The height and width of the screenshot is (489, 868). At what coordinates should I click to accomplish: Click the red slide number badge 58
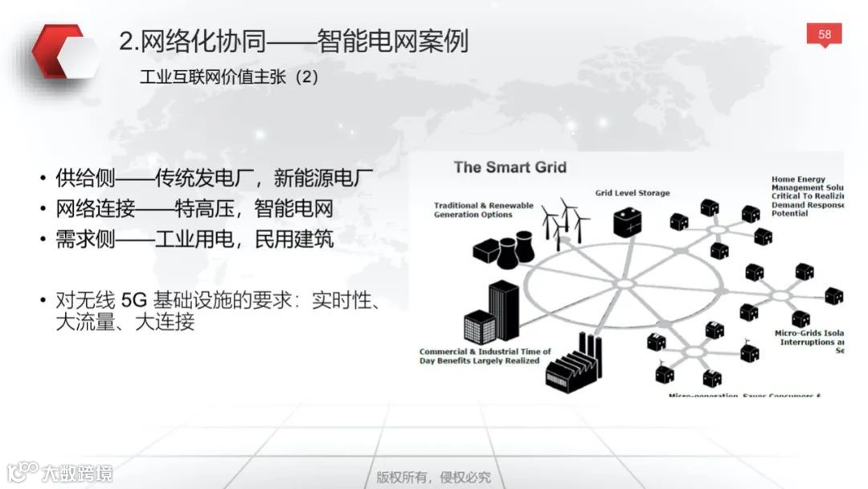[x=825, y=35]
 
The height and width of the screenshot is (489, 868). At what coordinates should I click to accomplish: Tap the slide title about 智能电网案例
[x=293, y=41]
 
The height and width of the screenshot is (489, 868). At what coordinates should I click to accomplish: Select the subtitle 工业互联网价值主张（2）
[x=229, y=79]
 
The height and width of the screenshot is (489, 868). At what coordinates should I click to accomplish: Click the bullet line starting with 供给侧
[x=215, y=178]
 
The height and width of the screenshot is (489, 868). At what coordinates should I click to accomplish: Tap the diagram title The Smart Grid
[x=510, y=167]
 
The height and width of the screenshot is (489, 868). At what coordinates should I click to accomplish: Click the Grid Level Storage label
[x=632, y=193]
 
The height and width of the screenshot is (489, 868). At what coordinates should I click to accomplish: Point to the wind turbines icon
[x=565, y=220]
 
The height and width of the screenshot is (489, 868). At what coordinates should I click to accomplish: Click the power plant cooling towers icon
[x=504, y=249]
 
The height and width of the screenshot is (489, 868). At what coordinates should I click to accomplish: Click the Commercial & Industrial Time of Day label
[x=485, y=356]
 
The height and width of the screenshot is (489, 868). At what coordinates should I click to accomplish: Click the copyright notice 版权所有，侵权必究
[x=433, y=477]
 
